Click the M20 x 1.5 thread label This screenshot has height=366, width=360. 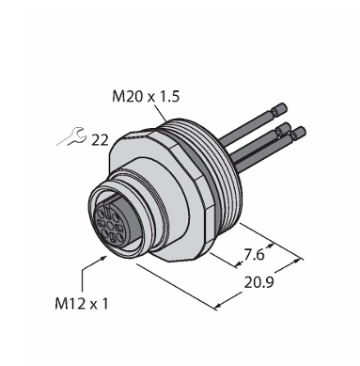[146, 96]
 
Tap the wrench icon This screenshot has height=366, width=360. [71, 136]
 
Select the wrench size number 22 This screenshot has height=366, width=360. [100, 140]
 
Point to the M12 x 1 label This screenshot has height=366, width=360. [82, 304]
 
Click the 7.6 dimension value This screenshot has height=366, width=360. [254, 256]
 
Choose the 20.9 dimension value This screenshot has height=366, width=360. [259, 282]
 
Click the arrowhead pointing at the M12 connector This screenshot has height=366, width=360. [102, 259]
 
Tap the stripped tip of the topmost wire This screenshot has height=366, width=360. [279, 109]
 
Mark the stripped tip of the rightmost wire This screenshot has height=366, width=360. [298, 132]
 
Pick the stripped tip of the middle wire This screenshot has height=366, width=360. [284, 128]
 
